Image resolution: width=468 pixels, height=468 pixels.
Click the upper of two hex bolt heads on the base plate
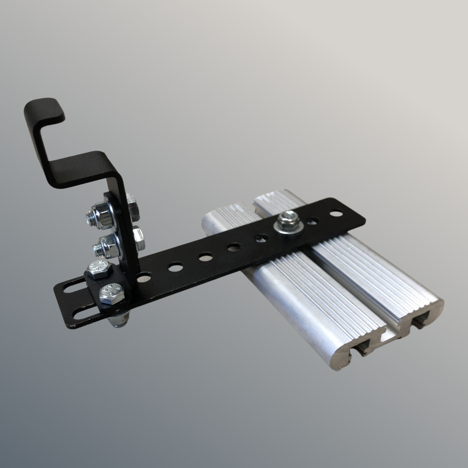coord(99,270)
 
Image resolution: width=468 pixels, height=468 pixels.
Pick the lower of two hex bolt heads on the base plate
coord(112,294)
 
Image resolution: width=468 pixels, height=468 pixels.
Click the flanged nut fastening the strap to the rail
coord(288,220)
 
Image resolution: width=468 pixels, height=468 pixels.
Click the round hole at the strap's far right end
coord(336,213)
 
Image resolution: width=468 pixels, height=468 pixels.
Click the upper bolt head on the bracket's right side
coord(132,208)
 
